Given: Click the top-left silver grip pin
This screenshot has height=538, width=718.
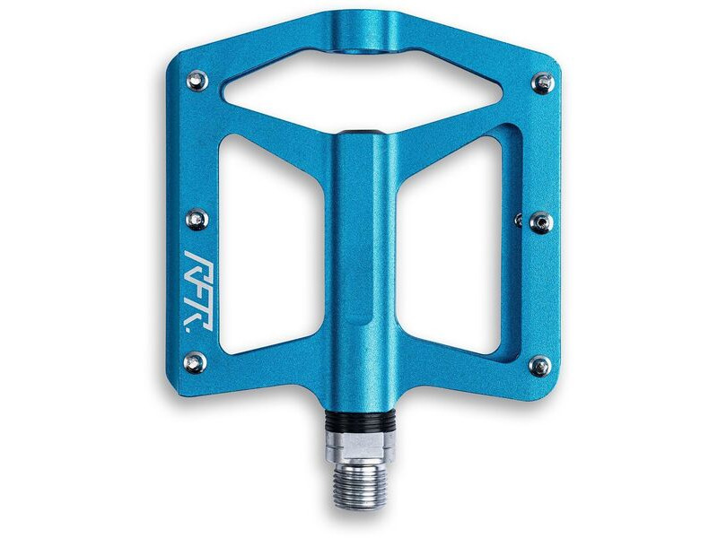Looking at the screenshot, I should [198, 81].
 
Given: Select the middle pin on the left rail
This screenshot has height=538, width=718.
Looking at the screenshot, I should [198, 218].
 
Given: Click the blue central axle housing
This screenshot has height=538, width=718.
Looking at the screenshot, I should [363, 269].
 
